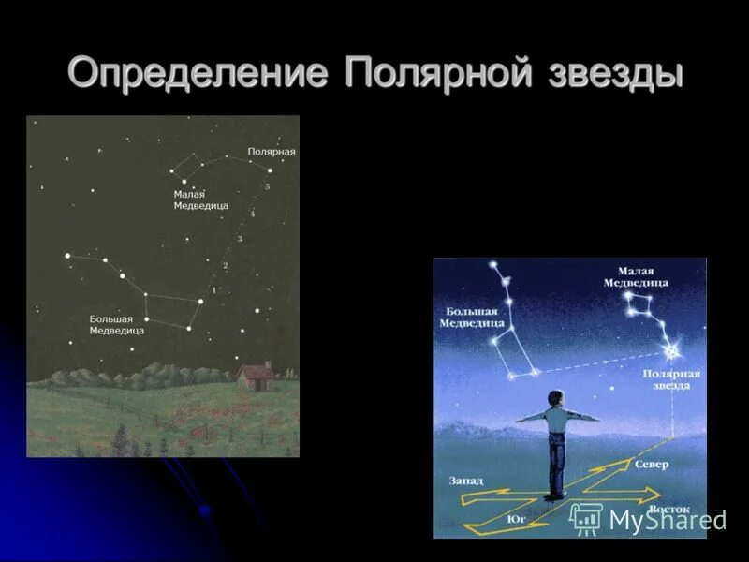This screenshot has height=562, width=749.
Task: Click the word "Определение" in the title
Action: pos(198,73)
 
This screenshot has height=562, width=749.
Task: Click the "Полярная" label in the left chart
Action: pos(272,151)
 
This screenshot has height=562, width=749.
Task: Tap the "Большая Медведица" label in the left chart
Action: pos(116,324)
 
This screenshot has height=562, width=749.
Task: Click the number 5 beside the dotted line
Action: pos(267,187)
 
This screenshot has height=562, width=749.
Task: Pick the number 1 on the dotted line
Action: pos(214,290)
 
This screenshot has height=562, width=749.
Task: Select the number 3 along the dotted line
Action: pos(241,240)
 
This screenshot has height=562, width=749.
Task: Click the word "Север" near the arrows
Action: pos(652,465)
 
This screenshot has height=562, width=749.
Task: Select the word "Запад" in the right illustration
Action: pos(465,481)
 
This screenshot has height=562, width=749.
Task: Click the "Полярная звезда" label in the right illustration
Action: pos(671,379)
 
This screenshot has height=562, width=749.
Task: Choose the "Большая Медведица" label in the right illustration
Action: pos(474,317)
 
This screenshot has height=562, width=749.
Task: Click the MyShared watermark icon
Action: pos(586,518)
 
